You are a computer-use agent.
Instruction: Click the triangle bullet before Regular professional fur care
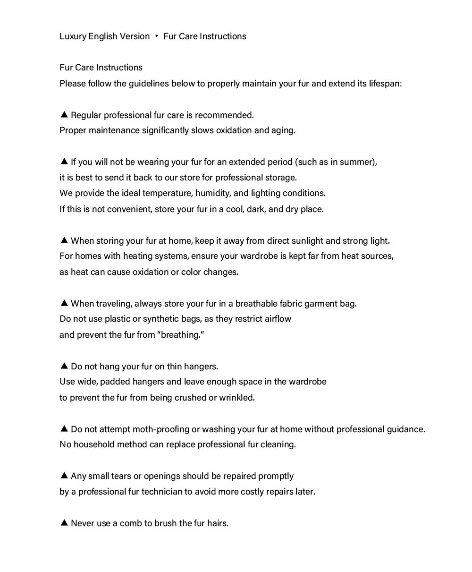(65, 115)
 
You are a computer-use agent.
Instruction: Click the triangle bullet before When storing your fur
(65, 240)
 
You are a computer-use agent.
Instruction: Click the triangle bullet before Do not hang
(65, 366)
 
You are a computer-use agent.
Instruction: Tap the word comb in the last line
(133, 523)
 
